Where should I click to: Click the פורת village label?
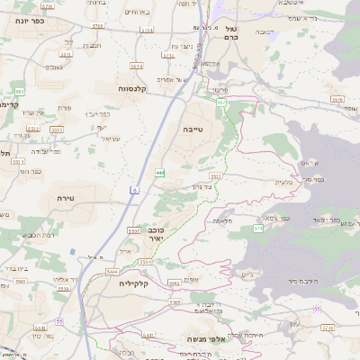pos(64,108)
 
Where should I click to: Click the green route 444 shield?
pos(159,172)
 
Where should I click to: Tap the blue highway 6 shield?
pos(134,190)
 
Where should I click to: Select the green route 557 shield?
pos(220,103)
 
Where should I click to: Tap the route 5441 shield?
pos(148,335)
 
